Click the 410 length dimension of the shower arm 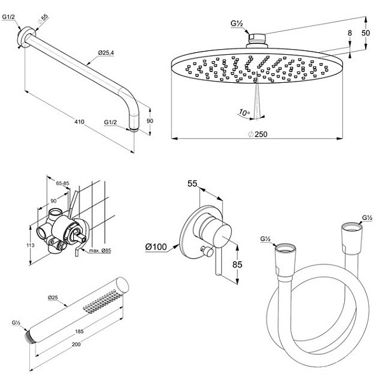click(79, 122)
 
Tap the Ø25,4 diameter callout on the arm click(106, 52)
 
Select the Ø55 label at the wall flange click(43, 19)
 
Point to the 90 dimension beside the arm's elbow click(150, 121)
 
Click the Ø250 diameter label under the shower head click(257, 134)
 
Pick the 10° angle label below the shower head click(244, 112)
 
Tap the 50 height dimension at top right click(366, 33)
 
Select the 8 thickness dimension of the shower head click(350, 33)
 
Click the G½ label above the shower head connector click(237, 24)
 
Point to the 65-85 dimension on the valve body click(62, 184)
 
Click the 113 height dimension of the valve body click(31, 245)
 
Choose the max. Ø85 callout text click(100, 250)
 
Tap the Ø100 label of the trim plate click(156, 247)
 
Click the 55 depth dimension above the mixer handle click(192, 184)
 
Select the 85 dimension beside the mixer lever click(238, 264)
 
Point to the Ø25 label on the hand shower click(53, 298)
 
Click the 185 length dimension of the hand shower click(80, 331)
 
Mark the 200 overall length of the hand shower click(76, 344)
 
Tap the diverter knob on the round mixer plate click(207, 251)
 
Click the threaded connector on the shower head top click(257, 38)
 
